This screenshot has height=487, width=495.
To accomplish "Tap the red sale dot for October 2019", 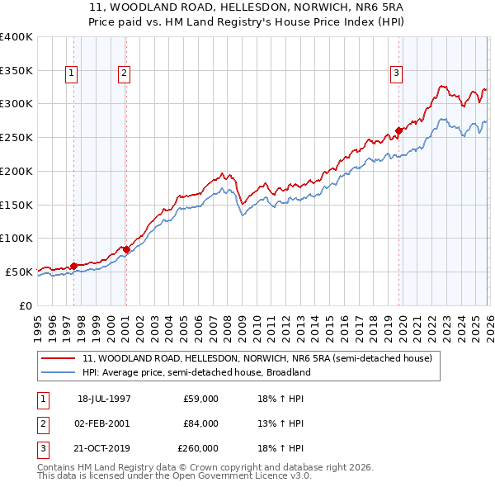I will pyautogui.click(x=398, y=130).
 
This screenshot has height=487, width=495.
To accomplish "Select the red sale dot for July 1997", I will pyautogui.click(x=73, y=265).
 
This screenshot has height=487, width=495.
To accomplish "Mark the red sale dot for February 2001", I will pyautogui.click(x=126, y=248).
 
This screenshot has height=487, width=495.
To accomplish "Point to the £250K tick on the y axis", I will pyautogui.click(x=16, y=137).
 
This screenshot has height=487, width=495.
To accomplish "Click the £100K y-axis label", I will pyautogui.click(x=16, y=238).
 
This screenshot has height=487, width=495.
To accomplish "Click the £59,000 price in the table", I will pyautogui.click(x=200, y=399).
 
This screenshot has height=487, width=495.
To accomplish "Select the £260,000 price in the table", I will pyautogui.click(x=198, y=448).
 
